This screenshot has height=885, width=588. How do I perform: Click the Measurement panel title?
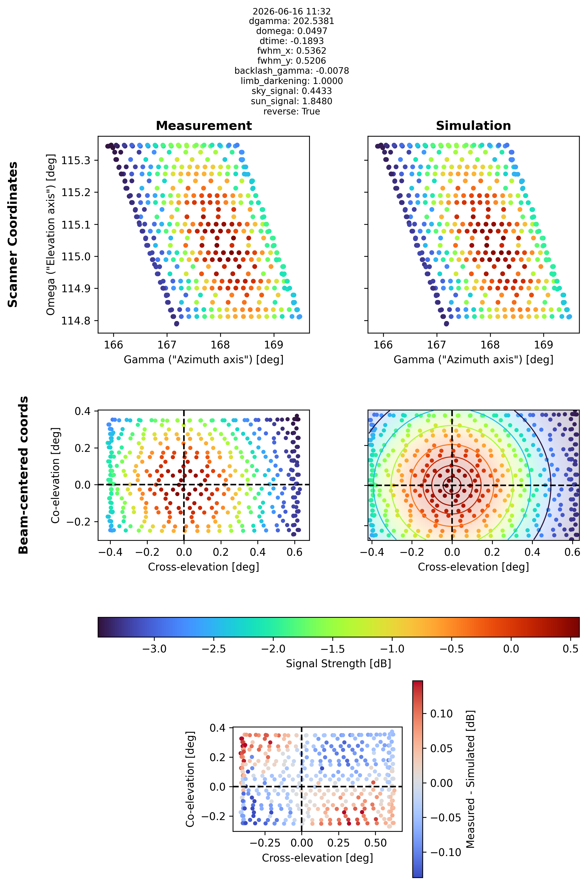coord(204,126)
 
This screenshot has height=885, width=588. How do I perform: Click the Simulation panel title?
coord(473,126)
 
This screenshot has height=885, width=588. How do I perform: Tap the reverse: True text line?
coord(291,111)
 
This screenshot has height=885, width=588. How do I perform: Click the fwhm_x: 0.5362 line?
coord(291,51)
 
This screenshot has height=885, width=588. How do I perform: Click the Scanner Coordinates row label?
coord(13,235)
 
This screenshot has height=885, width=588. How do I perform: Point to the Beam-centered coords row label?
coord(23,475)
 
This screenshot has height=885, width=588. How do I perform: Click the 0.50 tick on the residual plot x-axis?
coord(375,843)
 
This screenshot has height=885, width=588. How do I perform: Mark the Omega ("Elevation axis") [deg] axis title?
coord(51,235)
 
